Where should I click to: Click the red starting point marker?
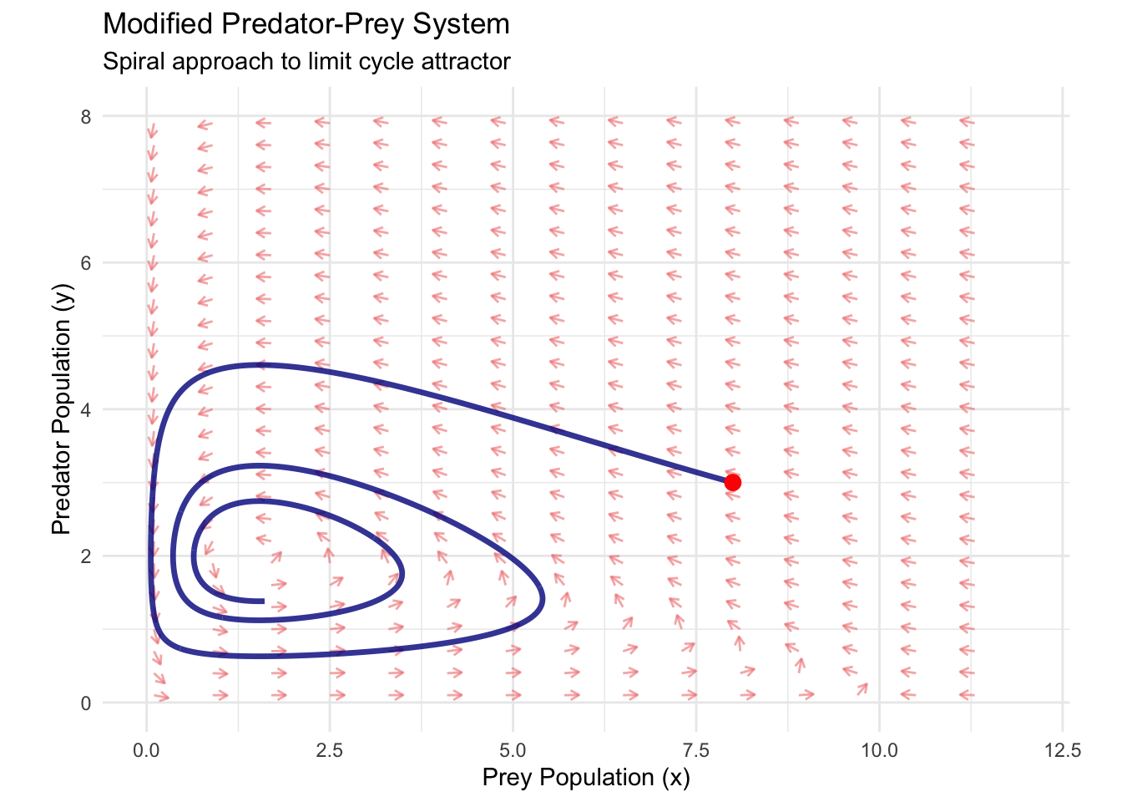click(733, 482)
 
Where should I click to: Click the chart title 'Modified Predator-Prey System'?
click(306, 24)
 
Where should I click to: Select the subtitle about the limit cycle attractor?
click(306, 62)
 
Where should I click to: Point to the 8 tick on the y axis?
click(86, 116)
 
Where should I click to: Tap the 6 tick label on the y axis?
click(86, 262)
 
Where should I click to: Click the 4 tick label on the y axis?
click(86, 409)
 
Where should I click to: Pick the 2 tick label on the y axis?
click(86, 556)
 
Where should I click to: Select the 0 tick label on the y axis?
click(86, 703)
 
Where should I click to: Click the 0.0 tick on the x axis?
click(147, 749)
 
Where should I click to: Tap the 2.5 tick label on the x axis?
click(330, 749)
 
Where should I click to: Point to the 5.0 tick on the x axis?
click(513, 749)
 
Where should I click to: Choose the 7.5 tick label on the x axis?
click(695, 749)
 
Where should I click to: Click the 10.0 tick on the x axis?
click(879, 749)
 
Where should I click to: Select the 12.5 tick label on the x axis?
click(1062, 749)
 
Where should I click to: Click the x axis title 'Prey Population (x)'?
click(586, 778)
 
